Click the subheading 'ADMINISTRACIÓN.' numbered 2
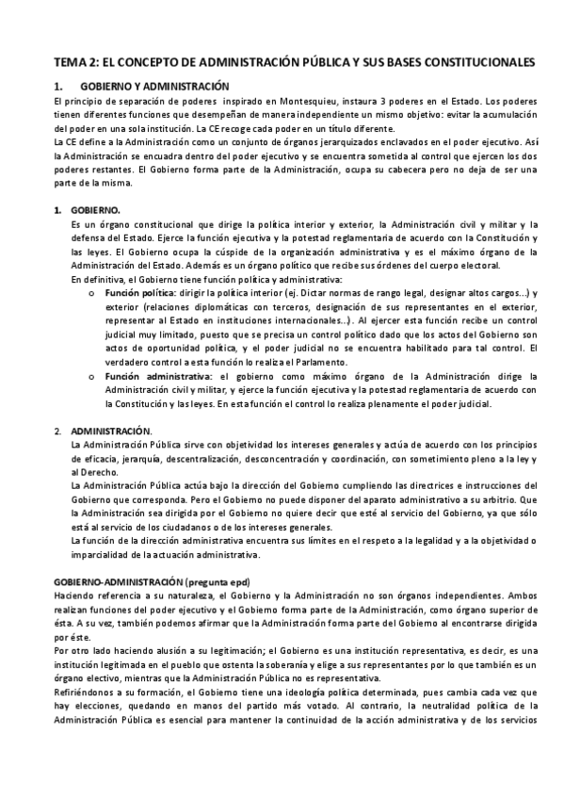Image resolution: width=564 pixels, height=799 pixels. point(113,430)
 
